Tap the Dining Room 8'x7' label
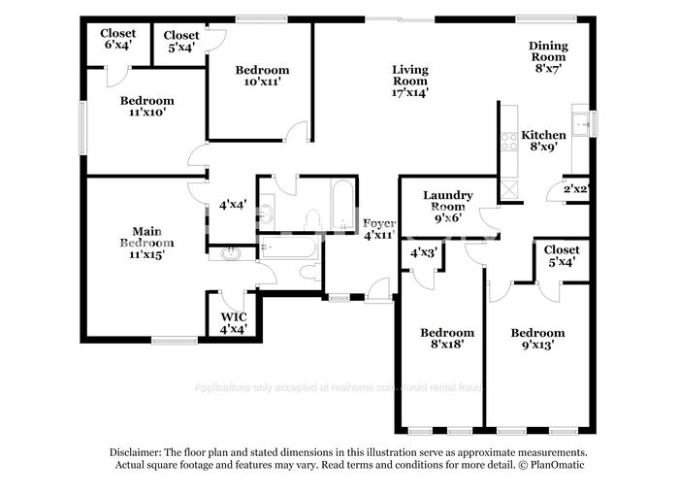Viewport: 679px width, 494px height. (x=548, y=51)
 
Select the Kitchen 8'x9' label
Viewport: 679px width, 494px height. (x=543, y=141)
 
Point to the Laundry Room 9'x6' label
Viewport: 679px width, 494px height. (x=447, y=206)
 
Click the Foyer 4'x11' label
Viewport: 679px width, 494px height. (x=378, y=229)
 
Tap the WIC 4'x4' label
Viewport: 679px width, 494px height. (x=233, y=322)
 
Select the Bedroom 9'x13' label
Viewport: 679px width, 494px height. (x=538, y=338)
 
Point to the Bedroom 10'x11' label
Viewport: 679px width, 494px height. (x=262, y=77)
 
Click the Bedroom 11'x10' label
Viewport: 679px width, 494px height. (x=146, y=106)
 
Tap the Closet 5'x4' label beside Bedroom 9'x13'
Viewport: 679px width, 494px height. (x=562, y=255)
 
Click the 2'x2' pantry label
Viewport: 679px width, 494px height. (x=576, y=188)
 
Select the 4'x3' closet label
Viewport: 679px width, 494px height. (x=424, y=252)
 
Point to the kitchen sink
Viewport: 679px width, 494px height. (x=581, y=123)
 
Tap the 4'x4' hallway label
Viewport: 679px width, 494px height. (x=232, y=205)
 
